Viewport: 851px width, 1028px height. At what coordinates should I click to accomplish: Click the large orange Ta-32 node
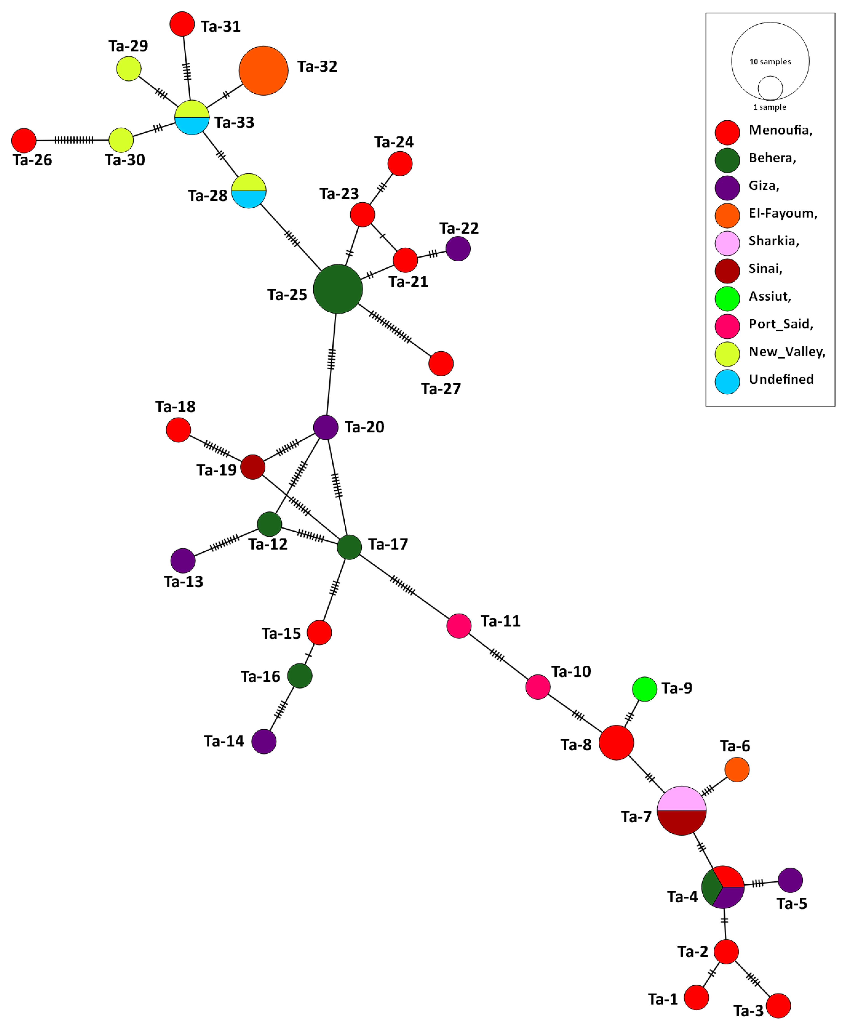tap(263, 70)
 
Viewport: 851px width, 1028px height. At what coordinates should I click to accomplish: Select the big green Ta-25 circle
tap(338, 289)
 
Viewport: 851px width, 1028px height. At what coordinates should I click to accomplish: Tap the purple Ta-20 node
tap(325, 427)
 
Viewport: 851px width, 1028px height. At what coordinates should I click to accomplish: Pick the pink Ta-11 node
tap(458, 626)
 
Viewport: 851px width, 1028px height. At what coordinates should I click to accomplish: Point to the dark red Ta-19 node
tap(253, 467)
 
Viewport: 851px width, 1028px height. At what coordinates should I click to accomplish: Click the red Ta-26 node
tap(23, 141)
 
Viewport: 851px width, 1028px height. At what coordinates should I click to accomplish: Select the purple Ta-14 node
tap(264, 742)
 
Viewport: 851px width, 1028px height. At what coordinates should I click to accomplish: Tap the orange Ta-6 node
tap(736, 770)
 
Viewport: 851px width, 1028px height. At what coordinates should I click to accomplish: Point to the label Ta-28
tap(208, 196)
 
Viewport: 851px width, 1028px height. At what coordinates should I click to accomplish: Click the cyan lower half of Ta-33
tap(192, 126)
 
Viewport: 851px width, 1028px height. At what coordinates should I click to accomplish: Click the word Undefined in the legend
tap(781, 379)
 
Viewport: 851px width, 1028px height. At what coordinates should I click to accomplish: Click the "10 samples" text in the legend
tap(770, 62)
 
